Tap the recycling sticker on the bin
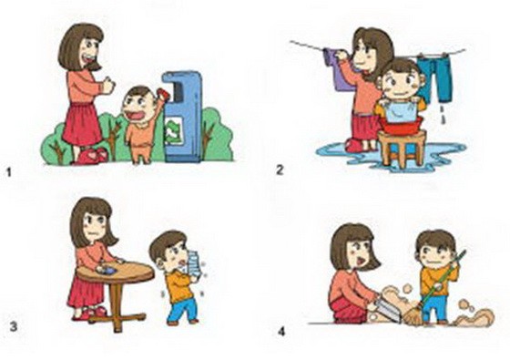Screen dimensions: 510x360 pos(174,130)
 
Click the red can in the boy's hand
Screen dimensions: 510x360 pos(163,94)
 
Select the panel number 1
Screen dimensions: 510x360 pos(9,172)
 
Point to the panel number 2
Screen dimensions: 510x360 pos(280,170)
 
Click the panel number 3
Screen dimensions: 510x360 pos(13,326)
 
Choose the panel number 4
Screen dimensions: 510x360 pos(281,332)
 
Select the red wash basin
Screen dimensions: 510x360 pos(403,126)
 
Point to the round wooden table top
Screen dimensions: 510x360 pos(116,273)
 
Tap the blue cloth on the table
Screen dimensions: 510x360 pos(107,270)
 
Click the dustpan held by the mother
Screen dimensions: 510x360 pos(386,311)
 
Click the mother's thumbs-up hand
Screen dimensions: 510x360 pos(108,86)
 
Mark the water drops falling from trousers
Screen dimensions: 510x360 pos(442,115)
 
